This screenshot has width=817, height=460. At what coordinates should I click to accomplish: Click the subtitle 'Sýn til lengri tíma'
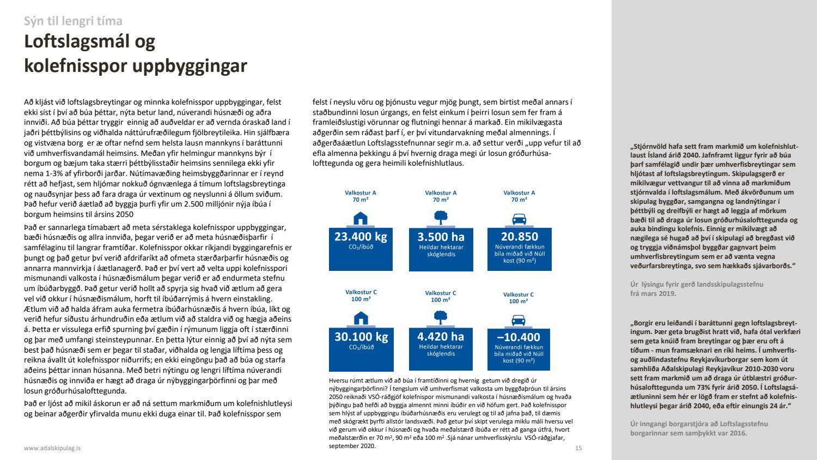[x=73, y=21]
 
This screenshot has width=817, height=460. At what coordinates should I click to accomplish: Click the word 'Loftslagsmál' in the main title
[x=89, y=42]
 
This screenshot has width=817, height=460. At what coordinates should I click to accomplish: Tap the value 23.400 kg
[x=361, y=237]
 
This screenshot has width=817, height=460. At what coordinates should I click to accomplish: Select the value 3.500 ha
[x=441, y=237]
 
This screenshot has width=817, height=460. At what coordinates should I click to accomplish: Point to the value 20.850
[x=519, y=237]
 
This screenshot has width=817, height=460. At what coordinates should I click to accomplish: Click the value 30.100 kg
[x=361, y=337]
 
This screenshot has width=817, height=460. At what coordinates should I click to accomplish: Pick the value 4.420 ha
[x=441, y=337]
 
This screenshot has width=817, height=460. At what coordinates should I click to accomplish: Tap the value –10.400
[x=519, y=337]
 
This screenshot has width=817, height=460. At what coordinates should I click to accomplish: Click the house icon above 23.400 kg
[x=361, y=219]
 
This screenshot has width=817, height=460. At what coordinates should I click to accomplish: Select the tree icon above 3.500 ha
[x=441, y=218]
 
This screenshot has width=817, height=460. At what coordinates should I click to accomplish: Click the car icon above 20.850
[x=519, y=219]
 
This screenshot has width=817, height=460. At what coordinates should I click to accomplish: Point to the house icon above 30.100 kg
[x=361, y=318]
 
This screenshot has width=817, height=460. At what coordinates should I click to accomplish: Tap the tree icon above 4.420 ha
[x=441, y=317]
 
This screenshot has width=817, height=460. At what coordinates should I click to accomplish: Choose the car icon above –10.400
[x=519, y=319]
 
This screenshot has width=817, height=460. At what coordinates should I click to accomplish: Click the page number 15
[x=578, y=448]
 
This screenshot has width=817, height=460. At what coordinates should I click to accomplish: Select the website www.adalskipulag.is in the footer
[x=52, y=448]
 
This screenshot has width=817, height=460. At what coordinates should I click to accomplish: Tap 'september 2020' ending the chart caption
[x=351, y=446]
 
